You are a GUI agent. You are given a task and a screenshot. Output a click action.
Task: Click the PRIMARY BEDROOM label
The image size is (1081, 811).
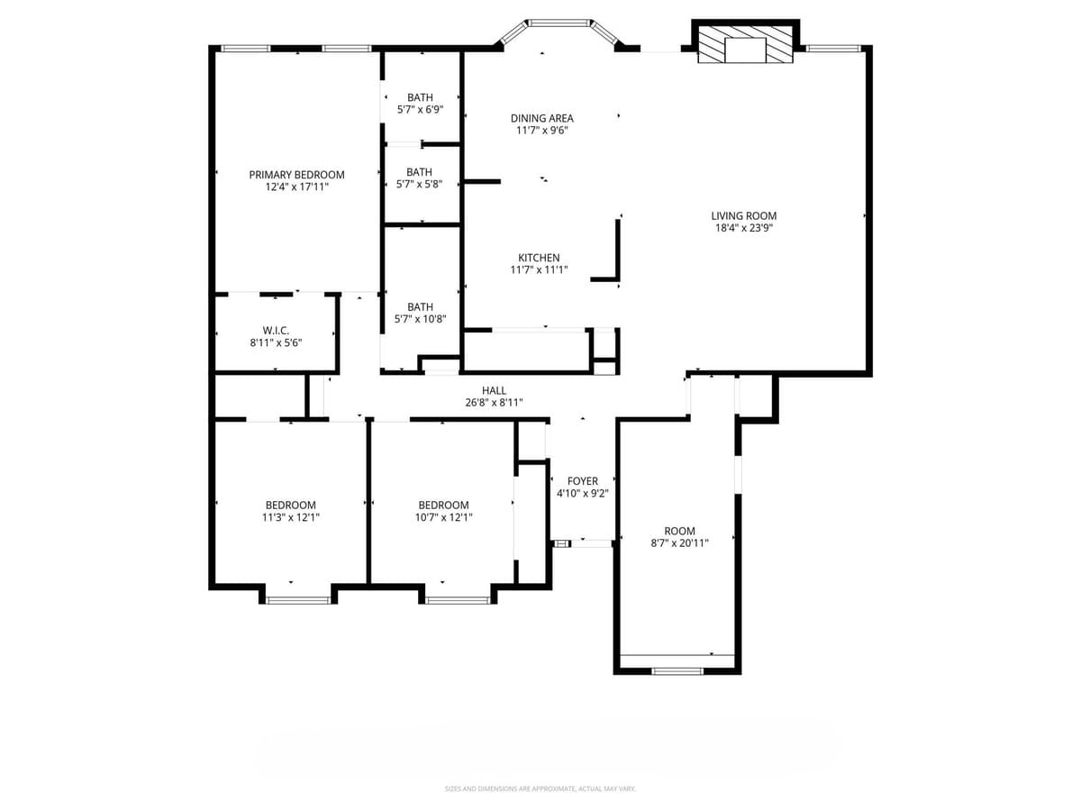[x=296, y=175]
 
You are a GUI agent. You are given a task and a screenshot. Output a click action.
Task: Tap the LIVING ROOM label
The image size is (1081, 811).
[x=743, y=215]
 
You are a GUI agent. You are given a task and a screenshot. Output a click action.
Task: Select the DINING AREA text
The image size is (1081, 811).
[x=541, y=118]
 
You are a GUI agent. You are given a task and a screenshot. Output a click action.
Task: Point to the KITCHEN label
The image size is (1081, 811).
[x=539, y=258]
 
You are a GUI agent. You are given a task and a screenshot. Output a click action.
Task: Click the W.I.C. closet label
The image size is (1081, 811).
[x=276, y=331]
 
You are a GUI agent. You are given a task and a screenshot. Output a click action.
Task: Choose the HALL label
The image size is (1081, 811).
[x=494, y=390]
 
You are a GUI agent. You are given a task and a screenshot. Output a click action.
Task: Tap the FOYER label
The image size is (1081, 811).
[x=582, y=481]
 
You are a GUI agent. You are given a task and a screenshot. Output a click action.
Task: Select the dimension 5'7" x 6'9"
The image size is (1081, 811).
[x=420, y=109]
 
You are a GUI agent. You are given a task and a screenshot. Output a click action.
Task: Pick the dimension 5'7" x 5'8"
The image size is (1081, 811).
[x=419, y=184]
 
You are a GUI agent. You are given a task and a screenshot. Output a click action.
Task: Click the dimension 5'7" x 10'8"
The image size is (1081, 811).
[x=420, y=319]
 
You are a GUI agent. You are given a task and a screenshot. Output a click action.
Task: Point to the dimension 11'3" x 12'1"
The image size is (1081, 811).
[x=290, y=517]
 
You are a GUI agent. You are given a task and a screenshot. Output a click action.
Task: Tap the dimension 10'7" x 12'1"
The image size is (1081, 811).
[x=443, y=517]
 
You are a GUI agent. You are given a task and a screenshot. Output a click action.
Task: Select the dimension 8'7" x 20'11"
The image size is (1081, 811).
[x=679, y=543]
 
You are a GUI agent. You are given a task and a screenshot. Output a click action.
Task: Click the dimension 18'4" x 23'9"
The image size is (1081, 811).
[x=743, y=228]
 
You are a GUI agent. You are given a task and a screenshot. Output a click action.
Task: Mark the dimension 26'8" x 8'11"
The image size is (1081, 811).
[x=494, y=403]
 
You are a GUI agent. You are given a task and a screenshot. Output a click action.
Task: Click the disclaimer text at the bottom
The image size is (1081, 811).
[x=540, y=789]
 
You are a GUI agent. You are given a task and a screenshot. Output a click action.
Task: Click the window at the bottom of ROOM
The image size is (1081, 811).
[x=677, y=670]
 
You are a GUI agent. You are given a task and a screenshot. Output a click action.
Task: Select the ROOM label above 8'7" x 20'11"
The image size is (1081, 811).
[x=679, y=531]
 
